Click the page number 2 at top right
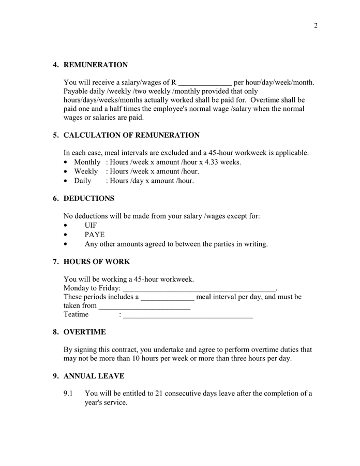click(316, 26)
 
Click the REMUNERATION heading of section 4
click(95, 65)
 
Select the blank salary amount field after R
click(205, 82)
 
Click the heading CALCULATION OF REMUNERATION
click(131, 135)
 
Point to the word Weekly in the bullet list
click(86, 171)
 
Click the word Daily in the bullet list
click(83, 181)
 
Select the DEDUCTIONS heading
click(89, 198)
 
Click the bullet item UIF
click(91, 225)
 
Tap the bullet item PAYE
click(95, 235)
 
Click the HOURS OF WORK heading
click(96, 261)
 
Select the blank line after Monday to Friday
click(199, 288)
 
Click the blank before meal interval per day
click(168, 297)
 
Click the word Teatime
click(76, 314)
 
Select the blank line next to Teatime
click(188, 315)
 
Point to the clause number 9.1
click(69, 394)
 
